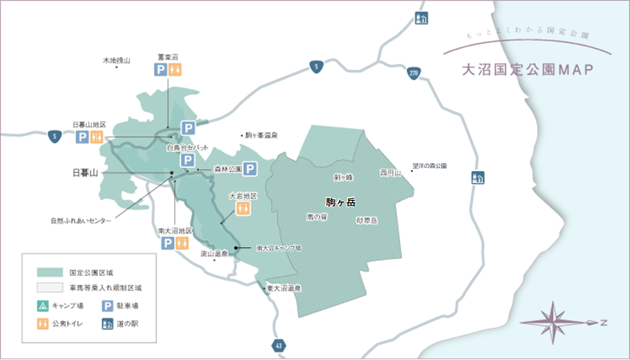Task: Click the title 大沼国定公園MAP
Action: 528,69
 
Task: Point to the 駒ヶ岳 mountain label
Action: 341,202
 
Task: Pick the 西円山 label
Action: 390,172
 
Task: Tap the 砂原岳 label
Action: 366,220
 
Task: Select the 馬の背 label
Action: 317,217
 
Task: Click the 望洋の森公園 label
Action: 430,165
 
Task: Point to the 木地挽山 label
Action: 116,61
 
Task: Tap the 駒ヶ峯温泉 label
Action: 261,135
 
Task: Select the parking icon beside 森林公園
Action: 251,169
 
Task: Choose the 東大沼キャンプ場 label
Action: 278,248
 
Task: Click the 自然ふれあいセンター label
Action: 81,220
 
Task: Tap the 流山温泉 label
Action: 213,253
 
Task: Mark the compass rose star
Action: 552,323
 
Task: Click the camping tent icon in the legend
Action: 43,306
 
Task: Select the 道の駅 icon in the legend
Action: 107,324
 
